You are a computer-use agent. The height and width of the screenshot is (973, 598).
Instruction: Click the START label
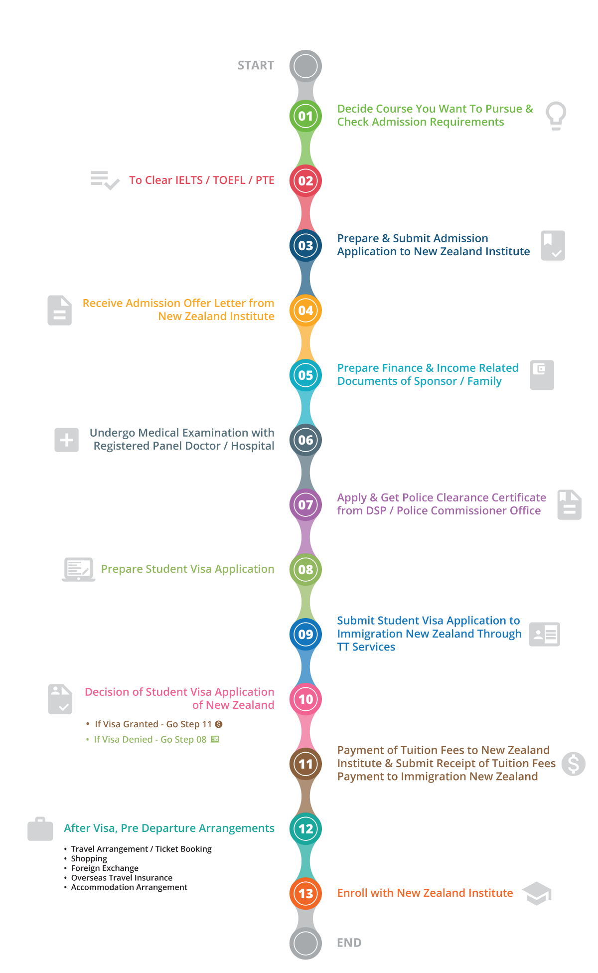[x=256, y=65]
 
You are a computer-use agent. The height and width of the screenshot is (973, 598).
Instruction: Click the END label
[x=349, y=943]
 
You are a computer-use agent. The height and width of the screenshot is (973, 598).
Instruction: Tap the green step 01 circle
[x=305, y=116]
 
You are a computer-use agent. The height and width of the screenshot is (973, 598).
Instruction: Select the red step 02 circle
[x=305, y=181]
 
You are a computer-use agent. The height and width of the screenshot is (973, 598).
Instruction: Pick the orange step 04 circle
[x=305, y=311]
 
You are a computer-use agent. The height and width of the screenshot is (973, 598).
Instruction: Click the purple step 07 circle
[x=305, y=505]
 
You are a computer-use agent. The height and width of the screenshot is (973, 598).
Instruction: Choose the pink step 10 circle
[x=305, y=699]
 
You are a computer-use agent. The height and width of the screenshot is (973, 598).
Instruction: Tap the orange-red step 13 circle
[x=305, y=894]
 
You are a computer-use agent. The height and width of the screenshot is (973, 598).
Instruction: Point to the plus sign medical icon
[x=66, y=440]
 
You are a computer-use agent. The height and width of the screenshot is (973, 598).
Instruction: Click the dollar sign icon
[x=573, y=764]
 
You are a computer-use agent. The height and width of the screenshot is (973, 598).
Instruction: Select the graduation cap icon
[x=536, y=893]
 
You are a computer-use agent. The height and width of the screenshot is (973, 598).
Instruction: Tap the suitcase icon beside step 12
[x=40, y=829]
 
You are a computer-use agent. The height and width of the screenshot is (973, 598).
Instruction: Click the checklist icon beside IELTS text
[x=105, y=180]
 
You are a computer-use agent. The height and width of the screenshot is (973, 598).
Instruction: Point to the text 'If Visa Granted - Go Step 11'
[x=153, y=724]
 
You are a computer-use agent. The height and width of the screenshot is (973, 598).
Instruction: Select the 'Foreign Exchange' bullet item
[x=105, y=868]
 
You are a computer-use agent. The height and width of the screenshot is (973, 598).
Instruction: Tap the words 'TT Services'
[x=366, y=647]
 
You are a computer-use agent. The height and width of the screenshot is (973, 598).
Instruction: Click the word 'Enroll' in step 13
[x=352, y=893]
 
